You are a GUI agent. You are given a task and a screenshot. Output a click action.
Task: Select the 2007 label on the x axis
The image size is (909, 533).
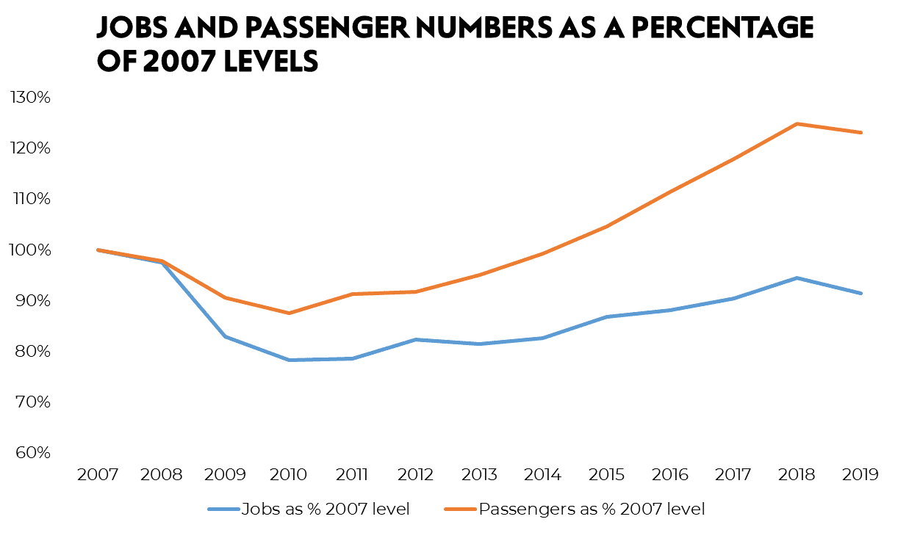pyautogui.click(x=97, y=475)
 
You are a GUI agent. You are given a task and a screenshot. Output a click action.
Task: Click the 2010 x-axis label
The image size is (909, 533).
pyautogui.click(x=288, y=475)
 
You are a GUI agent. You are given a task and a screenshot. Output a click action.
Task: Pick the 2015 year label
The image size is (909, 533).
pyautogui.click(x=606, y=475)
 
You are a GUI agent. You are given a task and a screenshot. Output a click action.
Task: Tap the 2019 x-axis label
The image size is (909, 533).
pyautogui.click(x=861, y=475)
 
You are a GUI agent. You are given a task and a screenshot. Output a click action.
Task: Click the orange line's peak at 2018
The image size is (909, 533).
pyautogui.click(x=797, y=123)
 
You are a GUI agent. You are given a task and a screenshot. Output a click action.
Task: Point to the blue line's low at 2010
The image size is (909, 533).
pyautogui.click(x=288, y=360)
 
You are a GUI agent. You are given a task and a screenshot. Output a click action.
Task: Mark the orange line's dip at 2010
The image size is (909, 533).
pyautogui.click(x=288, y=313)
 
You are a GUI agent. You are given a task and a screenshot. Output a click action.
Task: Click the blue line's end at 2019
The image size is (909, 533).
pyautogui.click(x=861, y=293)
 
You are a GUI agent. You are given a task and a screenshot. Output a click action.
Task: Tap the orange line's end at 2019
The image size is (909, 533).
pyautogui.click(x=861, y=132)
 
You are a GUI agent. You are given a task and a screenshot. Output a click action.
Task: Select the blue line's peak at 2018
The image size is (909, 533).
pyautogui.click(x=797, y=278)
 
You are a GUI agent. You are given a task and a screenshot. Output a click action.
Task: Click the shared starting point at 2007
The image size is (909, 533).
pyautogui.click(x=97, y=250)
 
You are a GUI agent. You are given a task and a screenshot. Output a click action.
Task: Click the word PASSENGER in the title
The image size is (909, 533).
pyautogui.click(x=323, y=28)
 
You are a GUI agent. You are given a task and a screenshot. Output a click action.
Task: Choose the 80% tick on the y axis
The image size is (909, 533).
pyautogui.click(x=29, y=352)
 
